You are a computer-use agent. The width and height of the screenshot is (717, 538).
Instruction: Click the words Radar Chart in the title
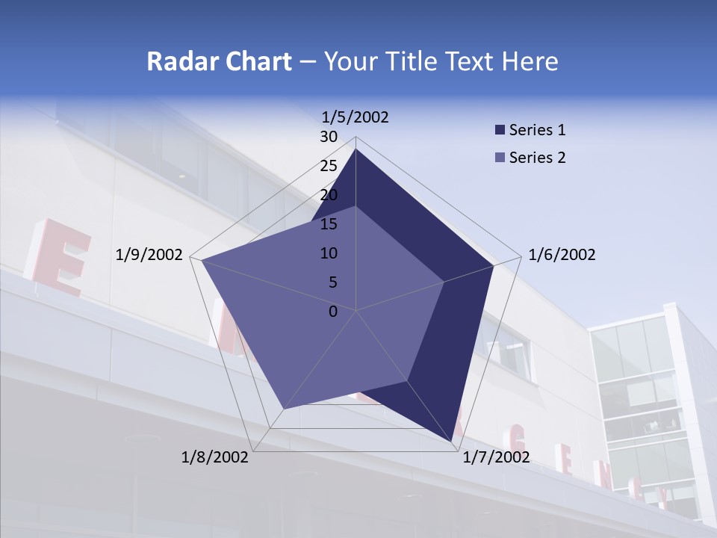219,61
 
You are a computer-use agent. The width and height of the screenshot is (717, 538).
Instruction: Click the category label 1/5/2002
355,117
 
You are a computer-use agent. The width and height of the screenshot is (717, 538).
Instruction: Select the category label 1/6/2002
562,255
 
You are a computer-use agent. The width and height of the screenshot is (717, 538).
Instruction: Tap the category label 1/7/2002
496,457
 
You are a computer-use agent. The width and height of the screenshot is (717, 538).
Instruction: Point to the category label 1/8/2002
215,457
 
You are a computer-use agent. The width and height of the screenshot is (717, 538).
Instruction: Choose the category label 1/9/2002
149,255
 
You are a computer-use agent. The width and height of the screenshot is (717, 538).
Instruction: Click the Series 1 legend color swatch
500,130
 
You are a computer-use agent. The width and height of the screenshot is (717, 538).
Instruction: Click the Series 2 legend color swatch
500,158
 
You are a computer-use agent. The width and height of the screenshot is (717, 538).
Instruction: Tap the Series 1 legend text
537,130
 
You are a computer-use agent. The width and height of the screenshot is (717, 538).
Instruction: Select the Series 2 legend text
537,158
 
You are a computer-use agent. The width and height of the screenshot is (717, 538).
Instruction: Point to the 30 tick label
329,137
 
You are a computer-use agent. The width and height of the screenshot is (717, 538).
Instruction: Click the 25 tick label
329,166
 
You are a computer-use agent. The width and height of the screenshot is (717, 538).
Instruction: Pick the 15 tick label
329,224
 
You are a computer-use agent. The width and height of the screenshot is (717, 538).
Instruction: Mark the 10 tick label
329,253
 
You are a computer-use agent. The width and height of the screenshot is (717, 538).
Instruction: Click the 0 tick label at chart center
333,312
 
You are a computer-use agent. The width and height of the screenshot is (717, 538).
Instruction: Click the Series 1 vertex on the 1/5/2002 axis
356,149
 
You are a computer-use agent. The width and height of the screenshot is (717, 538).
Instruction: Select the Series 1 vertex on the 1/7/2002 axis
453,442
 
